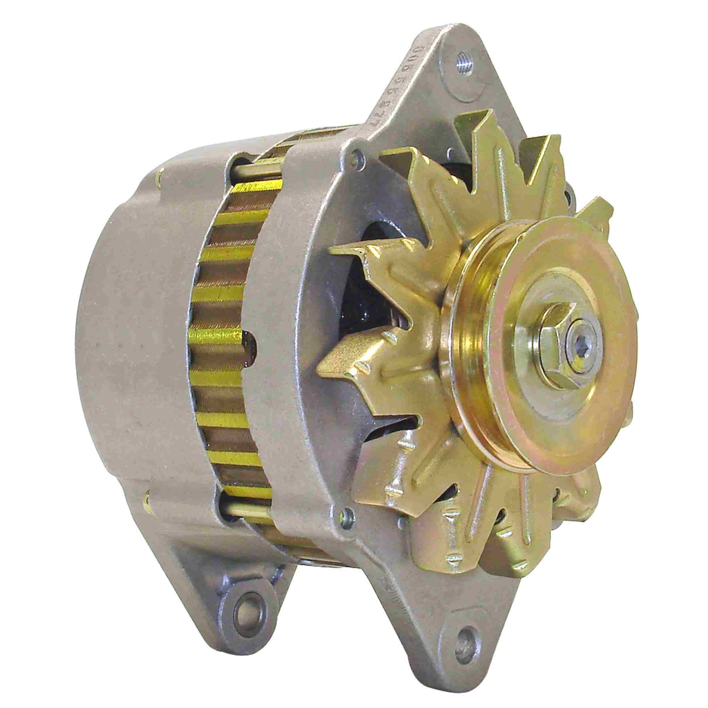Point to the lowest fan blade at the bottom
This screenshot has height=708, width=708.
pyautogui.click(x=476, y=572)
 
